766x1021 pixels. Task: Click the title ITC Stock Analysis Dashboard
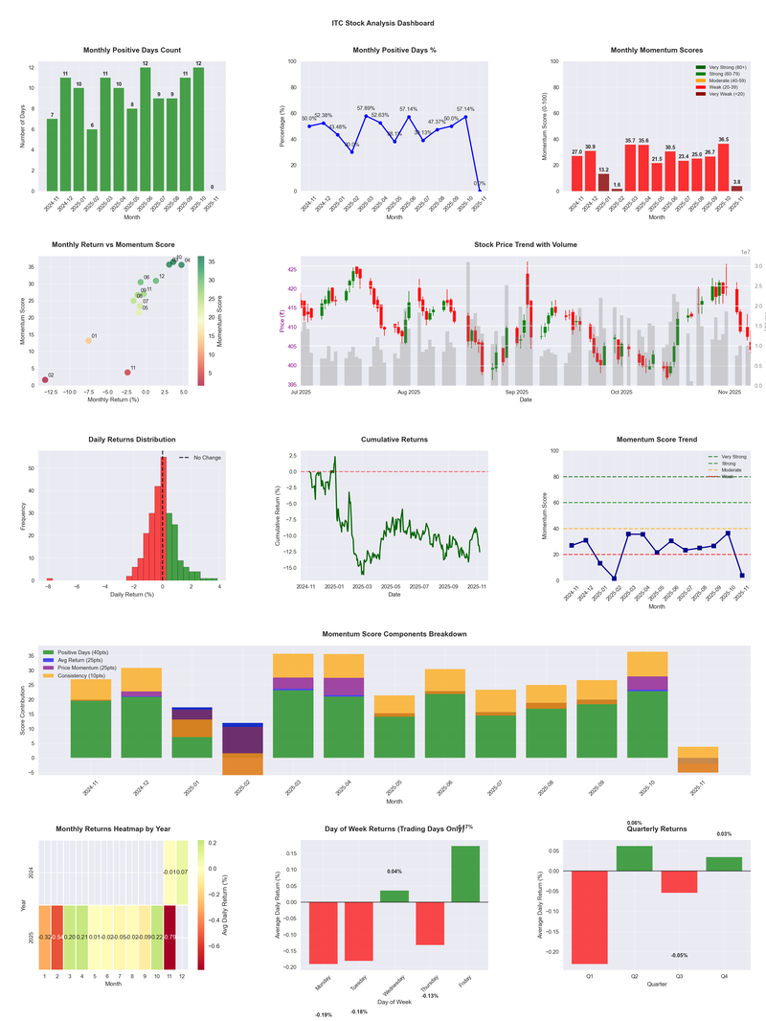[x=382, y=23]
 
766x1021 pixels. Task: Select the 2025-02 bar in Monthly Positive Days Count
[x=91, y=160]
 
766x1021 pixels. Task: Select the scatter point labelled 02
[x=45, y=380]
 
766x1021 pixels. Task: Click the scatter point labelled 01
[x=88, y=340]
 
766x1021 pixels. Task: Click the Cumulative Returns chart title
[x=394, y=440]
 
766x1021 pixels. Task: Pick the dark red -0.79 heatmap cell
[x=170, y=937]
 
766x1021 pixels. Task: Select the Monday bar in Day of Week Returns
[x=323, y=933]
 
